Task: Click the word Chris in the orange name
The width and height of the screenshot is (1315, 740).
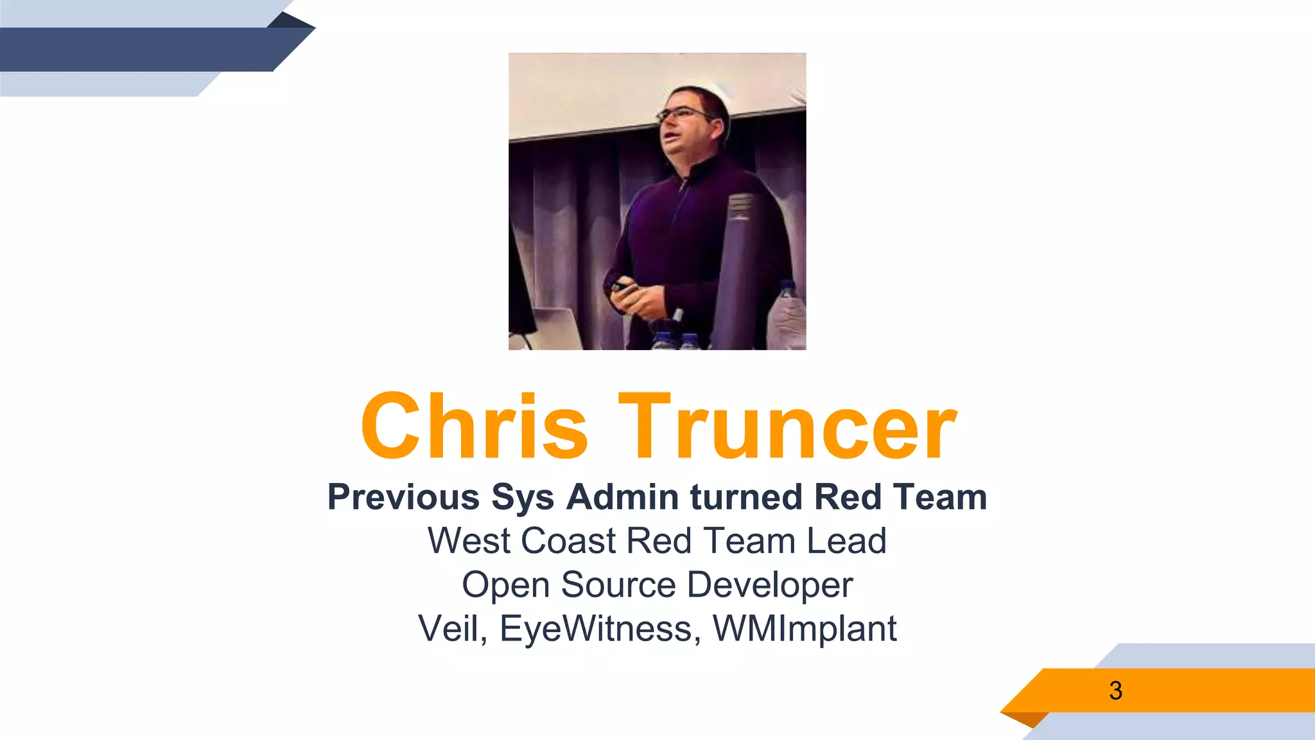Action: tap(474, 427)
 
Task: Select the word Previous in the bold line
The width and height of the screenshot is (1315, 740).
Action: tap(403, 497)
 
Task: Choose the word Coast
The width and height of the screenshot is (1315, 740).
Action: tap(568, 541)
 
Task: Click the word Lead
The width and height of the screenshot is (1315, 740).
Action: tap(846, 541)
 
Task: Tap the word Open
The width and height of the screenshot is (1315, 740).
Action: tap(505, 585)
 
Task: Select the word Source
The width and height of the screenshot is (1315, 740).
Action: tap(618, 585)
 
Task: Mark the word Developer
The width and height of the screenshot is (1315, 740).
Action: tap(769, 585)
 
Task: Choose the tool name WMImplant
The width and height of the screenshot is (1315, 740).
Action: tap(805, 628)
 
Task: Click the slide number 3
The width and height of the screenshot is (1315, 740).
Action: tap(1115, 691)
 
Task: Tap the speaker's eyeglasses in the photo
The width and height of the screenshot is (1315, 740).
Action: tap(684, 114)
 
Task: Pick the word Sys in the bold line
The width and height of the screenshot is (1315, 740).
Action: tap(523, 497)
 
